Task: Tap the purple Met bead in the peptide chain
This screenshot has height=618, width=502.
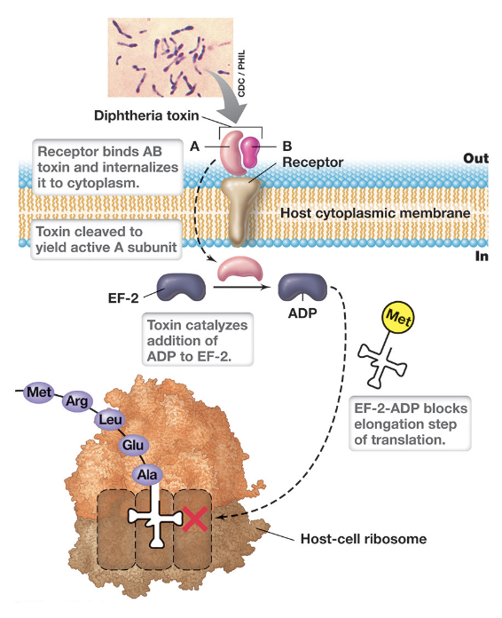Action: click(38, 391)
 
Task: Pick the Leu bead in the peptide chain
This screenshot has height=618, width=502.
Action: click(112, 420)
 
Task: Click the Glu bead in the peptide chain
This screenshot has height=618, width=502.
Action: click(134, 446)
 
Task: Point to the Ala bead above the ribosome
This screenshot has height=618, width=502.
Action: click(146, 474)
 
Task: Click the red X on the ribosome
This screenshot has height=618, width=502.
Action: click(194, 519)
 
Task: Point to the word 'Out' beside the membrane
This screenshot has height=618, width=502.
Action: click(475, 158)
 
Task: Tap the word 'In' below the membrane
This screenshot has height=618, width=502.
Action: click(482, 255)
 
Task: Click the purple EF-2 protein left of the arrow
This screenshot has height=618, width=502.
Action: click(182, 287)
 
